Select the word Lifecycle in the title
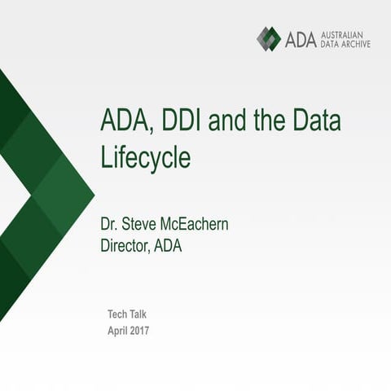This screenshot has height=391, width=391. click(x=146, y=157)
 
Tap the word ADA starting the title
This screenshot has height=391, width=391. click(x=124, y=121)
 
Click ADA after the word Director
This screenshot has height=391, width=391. click(x=167, y=245)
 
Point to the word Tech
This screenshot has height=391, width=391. click(x=117, y=314)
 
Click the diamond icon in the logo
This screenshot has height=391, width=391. click(x=269, y=38)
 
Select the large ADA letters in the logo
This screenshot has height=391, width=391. click(x=300, y=38)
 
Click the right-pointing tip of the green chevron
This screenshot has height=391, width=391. click(x=94, y=195)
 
